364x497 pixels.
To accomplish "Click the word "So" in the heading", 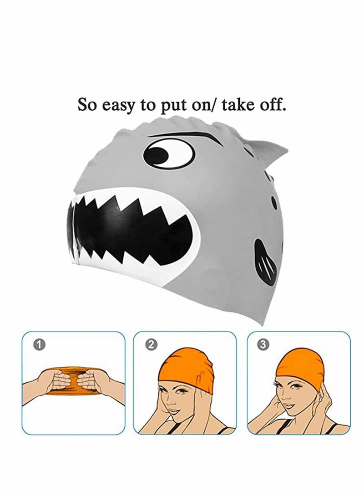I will [87, 104].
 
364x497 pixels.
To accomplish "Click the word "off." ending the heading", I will [273, 104].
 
